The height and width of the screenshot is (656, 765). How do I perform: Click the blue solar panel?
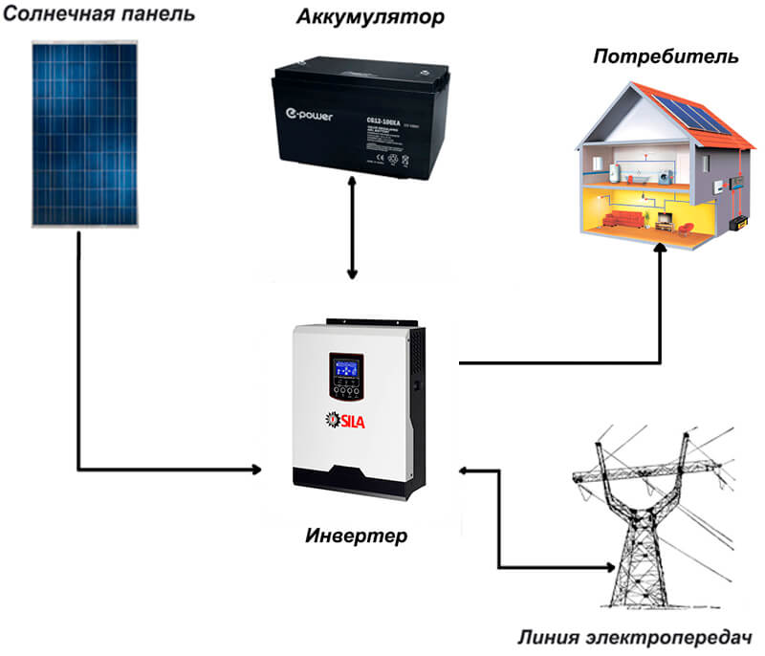click(87, 134)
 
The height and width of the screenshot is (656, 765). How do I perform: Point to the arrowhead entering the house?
click(659, 247)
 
